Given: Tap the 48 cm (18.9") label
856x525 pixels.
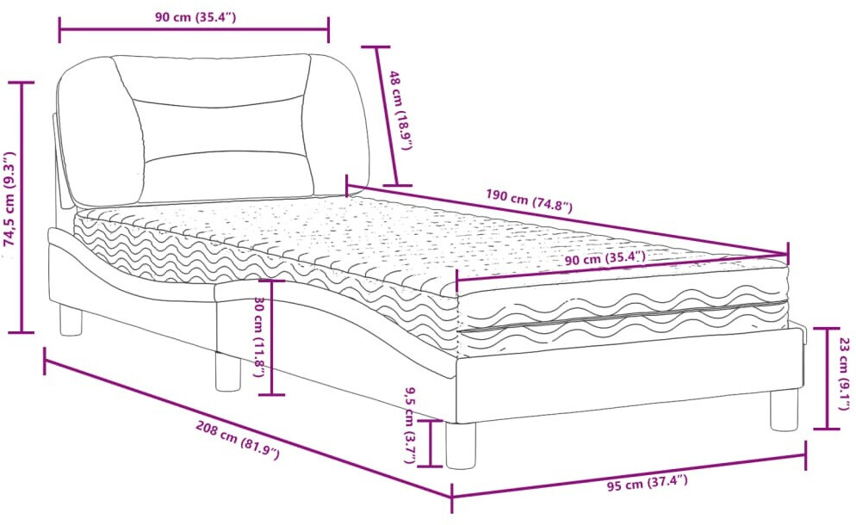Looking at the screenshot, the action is pyautogui.click(x=401, y=109).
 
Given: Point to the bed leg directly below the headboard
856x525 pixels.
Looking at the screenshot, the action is pyautogui.click(x=70, y=321).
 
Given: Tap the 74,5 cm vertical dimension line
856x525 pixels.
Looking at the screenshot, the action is pyautogui.click(x=22, y=207).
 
